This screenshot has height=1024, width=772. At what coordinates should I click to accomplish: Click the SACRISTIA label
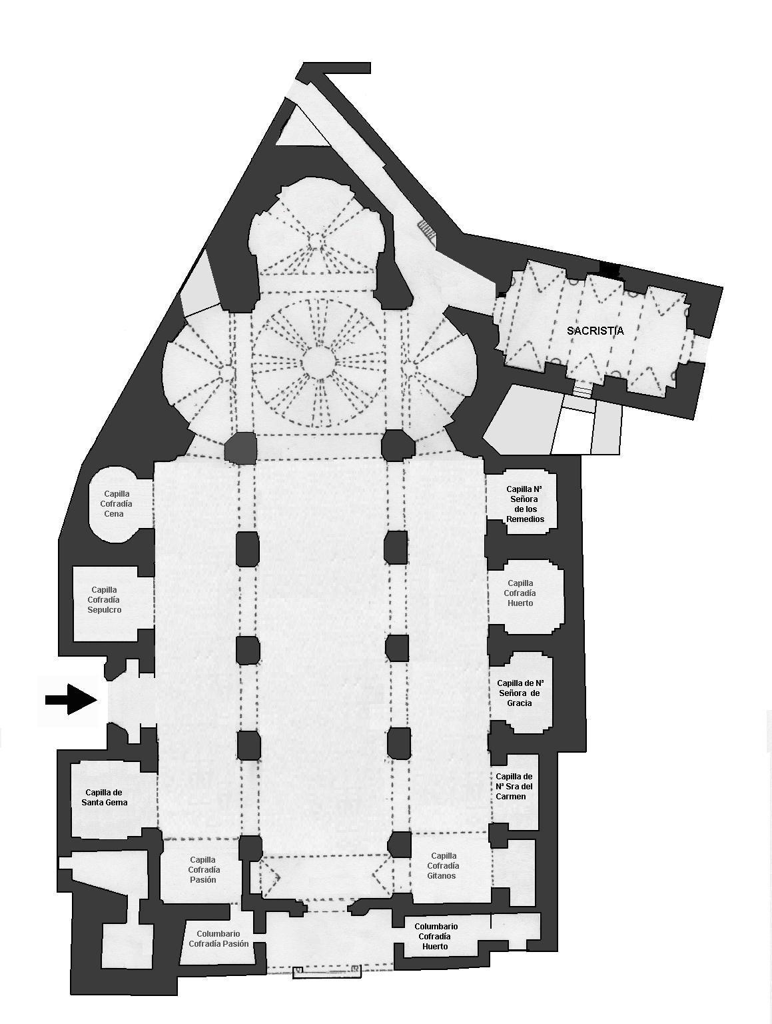[x=595, y=331]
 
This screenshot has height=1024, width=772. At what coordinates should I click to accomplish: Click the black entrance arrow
[x=71, y=699]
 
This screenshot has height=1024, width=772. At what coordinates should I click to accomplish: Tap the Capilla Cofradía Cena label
[x=117, y=504]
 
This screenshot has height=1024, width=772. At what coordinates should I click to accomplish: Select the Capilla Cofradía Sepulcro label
[x=104, y=600]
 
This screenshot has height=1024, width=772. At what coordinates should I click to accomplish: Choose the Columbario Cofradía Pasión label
[x=218, y=939]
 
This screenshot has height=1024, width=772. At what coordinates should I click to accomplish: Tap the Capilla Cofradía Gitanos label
[x=443, y=866]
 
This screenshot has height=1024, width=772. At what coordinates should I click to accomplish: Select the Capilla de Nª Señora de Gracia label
[x=518, y=693]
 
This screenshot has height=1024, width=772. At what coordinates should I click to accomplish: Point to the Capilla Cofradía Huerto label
[x=520, y=593]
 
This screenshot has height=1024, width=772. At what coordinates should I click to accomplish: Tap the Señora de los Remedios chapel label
[x=525, y=504]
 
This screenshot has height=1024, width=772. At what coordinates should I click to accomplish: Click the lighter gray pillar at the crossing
[x=240, y=448]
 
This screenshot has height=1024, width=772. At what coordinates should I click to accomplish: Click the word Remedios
[x=525, y=519]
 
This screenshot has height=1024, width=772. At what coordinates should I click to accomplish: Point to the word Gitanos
[x=441, y=875]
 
